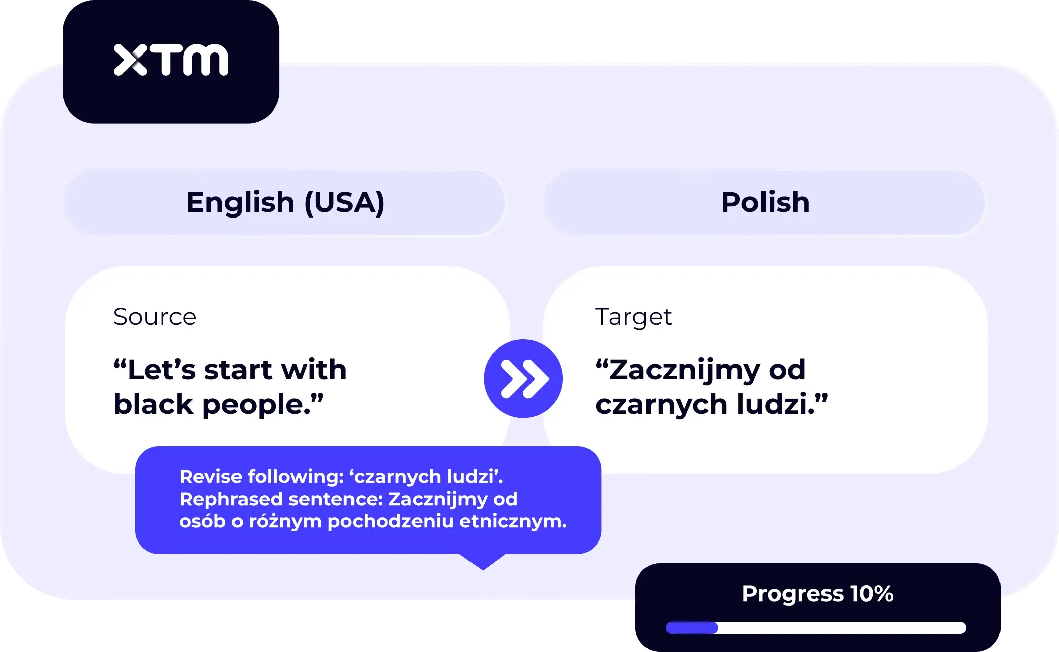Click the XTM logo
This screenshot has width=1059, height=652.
tap(171, 60)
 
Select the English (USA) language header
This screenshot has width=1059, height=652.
tap(285, 202)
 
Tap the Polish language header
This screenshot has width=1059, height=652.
tap(765, 202)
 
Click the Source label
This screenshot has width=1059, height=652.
tap(155, 317)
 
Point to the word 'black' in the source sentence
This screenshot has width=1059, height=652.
tap(153, 404)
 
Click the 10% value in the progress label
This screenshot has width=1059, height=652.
tap(871, 593)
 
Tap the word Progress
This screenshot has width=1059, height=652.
tap(793, 594)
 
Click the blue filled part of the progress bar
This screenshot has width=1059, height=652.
tap(691, 628)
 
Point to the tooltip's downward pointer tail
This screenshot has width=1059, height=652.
tap(483, 562)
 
